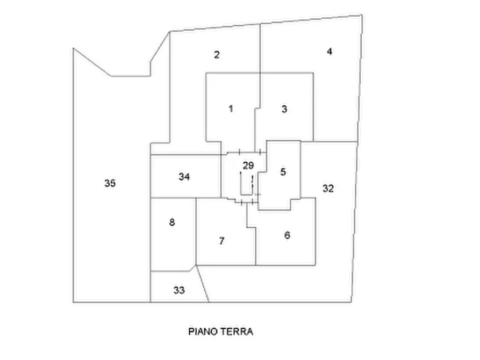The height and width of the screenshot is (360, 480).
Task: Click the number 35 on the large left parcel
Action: click(110, 183)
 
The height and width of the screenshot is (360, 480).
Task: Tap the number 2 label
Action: click(217, 55)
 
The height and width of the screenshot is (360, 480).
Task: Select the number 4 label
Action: click(329, 52)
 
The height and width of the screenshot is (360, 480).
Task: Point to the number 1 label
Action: click(231, 109)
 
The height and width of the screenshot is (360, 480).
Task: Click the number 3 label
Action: click(284, 109)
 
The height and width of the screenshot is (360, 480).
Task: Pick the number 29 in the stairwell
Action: click(248, 165)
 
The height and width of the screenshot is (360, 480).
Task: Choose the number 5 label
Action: click(283, 172)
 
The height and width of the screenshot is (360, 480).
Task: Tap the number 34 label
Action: click(184, 177)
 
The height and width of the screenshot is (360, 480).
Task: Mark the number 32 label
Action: click(328, 188)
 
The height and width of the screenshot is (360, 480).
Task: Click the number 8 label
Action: click(172, 222)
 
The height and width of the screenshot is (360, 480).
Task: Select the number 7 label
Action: click(222, 241)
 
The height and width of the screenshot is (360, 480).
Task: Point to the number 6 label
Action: click(287, 235)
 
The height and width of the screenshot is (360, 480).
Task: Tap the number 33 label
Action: click(179, 290)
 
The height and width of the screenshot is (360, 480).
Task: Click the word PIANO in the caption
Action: click(203, 332)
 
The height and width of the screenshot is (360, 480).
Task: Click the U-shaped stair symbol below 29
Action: click(246, 195)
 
